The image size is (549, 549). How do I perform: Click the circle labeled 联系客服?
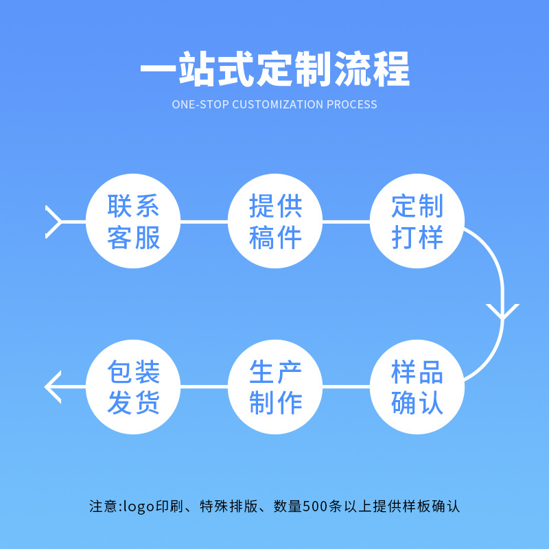[x=133, y=222]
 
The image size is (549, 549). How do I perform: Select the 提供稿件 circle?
[x=275, y=222]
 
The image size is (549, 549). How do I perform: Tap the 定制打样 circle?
[x=417, y=222]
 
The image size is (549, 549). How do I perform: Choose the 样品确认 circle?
[x=417, y=387]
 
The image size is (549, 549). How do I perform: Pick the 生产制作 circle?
[x=275, y=387]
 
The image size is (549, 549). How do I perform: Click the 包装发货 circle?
[x=133, y=387]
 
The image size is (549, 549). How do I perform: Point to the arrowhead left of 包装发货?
[x=51, y=387]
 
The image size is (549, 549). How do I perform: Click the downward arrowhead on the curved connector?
[x=502, y=313]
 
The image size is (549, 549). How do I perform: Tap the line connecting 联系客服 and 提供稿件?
[x=204, y=222]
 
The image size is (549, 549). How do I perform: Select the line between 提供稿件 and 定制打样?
[x=346, y=222]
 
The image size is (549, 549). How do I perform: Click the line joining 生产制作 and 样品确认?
[x=346, y=387]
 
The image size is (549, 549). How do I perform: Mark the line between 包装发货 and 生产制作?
[x=204, y=387]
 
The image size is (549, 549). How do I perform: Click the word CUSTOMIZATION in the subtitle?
[x=277, y=105]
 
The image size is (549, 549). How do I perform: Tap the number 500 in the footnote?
[x=320, y=507]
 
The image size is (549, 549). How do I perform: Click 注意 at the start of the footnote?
[x=103, y=507]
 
